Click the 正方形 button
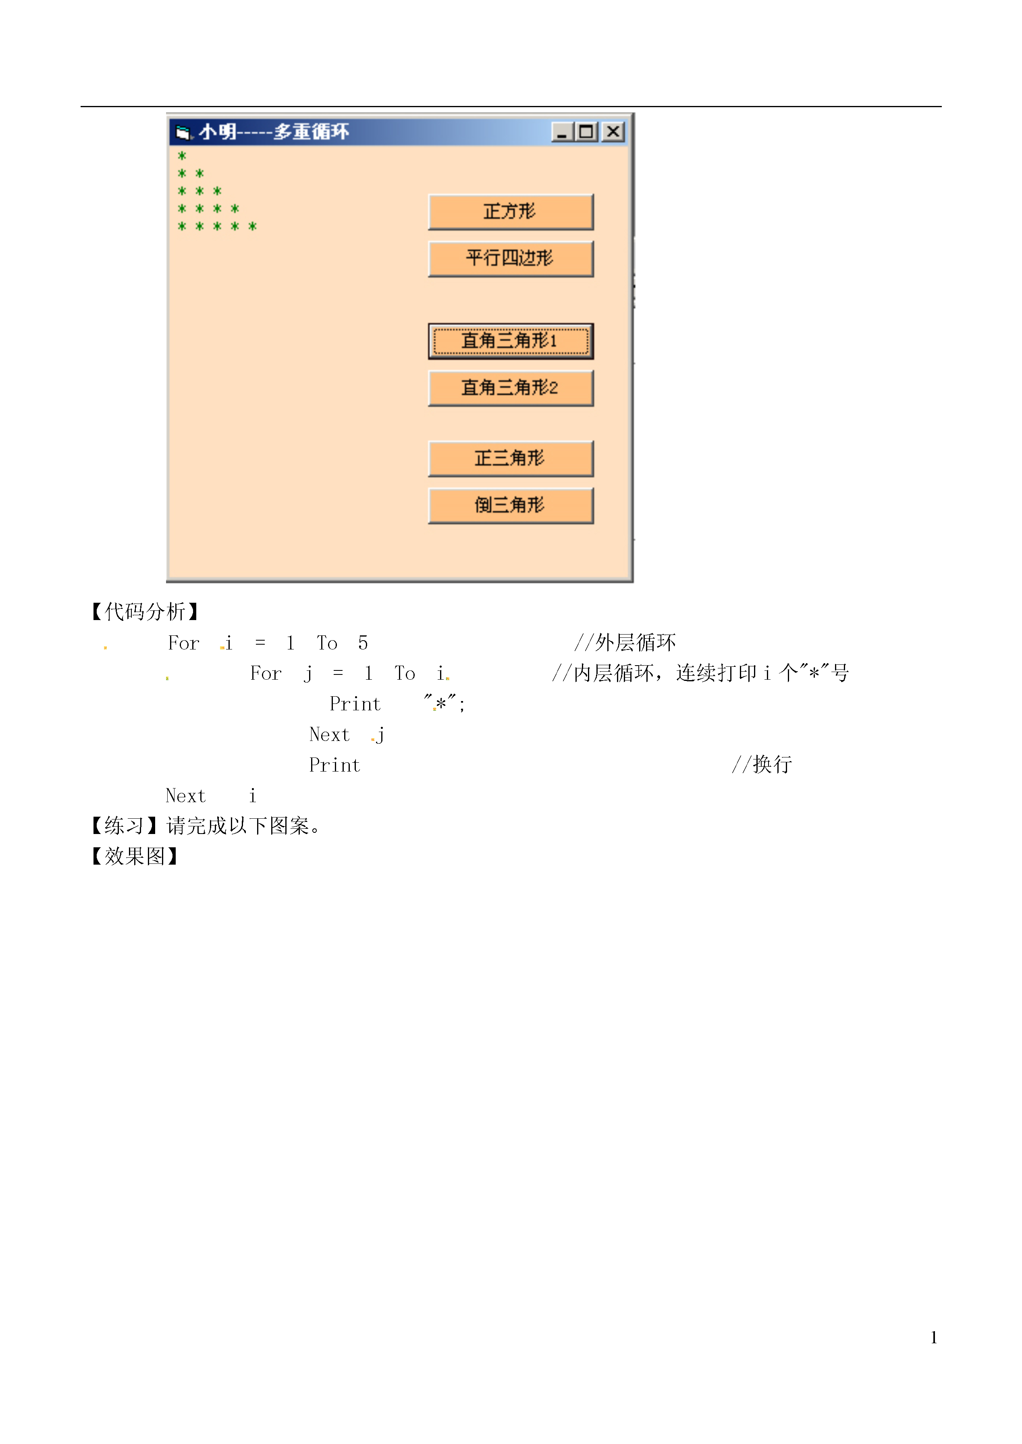[x=510, y=212]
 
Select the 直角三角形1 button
[x=510, y=341]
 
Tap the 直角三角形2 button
[x=510, y=388]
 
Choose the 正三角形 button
[x=510, y=458]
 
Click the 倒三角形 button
[x=510, y=505]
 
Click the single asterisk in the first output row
[x=182, y=156]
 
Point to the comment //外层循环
[x=625, y=642]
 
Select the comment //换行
[x=762, y=764]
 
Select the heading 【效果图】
[x=135, y=856]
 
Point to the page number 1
[x=934, y=1338]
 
